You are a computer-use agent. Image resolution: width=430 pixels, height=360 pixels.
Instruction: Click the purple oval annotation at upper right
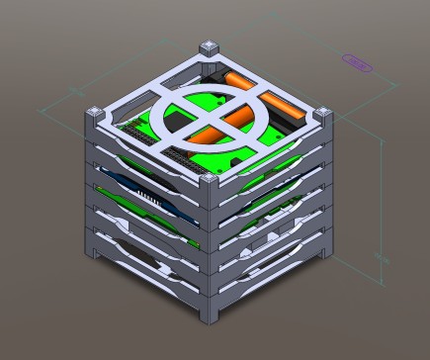tap(357, 61)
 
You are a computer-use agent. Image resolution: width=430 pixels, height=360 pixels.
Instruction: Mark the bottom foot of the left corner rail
tap(97, 254)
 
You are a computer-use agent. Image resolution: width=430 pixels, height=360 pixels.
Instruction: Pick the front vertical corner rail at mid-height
tap(211, 247)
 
